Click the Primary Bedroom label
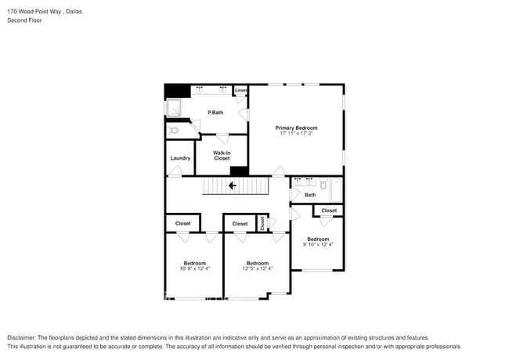click(296, 128)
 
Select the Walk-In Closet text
click(222, 155)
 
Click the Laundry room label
click(180, 158)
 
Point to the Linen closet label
click(240, 91)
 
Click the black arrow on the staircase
click(232, 185)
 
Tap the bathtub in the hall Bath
click(336, 190)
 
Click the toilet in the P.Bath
click(174, 131)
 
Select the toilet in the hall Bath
click(323, 186)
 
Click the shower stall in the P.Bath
click(176, 109)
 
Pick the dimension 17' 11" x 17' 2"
click(296, 134)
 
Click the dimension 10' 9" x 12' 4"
click(194, 268)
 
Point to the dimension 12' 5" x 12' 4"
click(257, 268)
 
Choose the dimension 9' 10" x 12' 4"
click(318, 244)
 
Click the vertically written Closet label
click(262, 224)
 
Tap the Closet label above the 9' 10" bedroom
click(329, 211)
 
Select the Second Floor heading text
click(25, 20)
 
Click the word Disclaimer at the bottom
click(24, 337)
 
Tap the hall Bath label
click(310, 195)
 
